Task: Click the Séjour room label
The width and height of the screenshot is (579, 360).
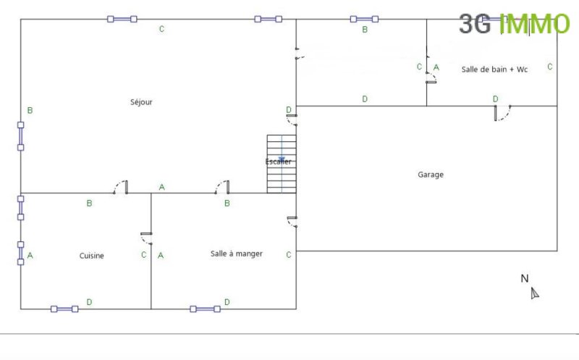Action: (x=141, y=102)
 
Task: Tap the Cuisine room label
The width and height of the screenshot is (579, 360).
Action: (x=92, y=256)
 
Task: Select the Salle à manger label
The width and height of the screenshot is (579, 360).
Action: (x=237, y=254)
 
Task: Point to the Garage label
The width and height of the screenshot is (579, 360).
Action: (x=431, y=175)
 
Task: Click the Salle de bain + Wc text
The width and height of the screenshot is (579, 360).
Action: (x=494, y=69)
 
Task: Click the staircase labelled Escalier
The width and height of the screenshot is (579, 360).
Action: (x=282, y=164)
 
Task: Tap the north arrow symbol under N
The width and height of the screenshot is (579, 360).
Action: (x=535, y=293)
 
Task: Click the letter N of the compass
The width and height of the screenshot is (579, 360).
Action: (x=524, y=278)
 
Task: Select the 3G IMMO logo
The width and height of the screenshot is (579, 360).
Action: (x=515, y=24)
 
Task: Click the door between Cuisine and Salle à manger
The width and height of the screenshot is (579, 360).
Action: (x=147, y=238)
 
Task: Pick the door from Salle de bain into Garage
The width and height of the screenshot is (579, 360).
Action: (x=502, y=113)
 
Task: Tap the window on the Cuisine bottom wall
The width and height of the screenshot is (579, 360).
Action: (x=64, y=309)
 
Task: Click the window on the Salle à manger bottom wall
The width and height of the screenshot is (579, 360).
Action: (x=205, y=309)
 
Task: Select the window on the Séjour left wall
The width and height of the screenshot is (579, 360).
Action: (x=21, y=136)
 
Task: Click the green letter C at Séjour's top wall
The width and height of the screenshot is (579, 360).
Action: (x=161, y=29)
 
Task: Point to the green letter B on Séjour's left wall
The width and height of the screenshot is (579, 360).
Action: (x=30, y=110)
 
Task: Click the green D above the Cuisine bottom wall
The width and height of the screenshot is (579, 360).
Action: (x=89, y=302)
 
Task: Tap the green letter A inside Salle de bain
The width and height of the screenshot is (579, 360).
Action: (x=436, y=67)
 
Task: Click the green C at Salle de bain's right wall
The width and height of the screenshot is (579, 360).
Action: (x=550, y=67)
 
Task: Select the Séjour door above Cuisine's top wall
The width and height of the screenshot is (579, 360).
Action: (x=121, y=187)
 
